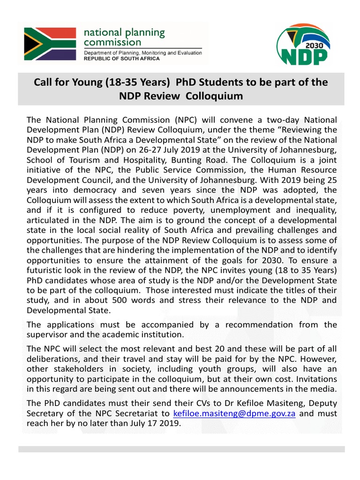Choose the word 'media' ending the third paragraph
pos(325,389)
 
